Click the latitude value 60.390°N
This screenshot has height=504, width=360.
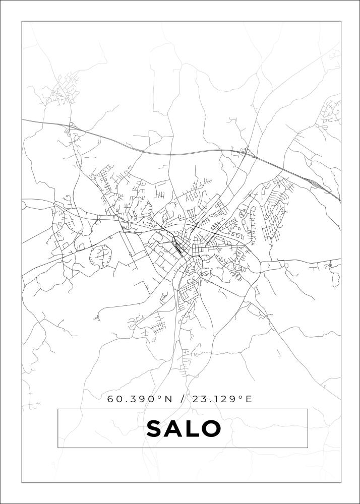[140, 399]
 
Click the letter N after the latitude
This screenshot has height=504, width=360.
[168, 399]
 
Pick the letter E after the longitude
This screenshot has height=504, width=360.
[248, 399]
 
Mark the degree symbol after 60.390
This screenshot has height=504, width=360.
[160, 397]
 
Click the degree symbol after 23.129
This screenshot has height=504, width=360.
[241, 397]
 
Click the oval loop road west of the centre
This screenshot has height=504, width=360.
[101, 256]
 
